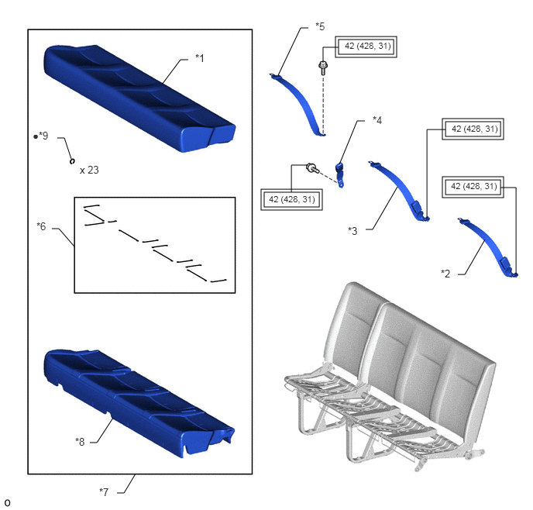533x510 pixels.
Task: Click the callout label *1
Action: [x=200, y=58]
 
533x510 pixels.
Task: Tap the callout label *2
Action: [x=445, y=274]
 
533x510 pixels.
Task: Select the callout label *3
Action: [x=352, y=231]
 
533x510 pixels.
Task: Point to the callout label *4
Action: [x=377, y=120]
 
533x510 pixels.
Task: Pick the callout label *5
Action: [x=320, y=26]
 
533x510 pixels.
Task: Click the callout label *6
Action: [x=41, y=226]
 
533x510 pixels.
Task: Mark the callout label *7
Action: [x=104, y=491]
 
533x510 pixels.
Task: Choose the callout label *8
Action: [x=80, y=442]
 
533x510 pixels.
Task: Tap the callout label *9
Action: [x=43, y=136]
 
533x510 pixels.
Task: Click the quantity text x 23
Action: [x=89, y=170]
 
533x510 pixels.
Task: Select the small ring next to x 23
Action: [x=72, y=161]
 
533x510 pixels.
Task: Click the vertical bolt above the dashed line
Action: [x=323, y=68]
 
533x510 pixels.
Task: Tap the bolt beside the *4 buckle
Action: [x=312, y=168]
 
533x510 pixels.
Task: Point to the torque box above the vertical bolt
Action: [x=366, y=47]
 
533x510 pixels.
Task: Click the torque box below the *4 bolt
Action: [x=291, y=199]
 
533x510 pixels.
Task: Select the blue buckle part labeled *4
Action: [x=339, y=175]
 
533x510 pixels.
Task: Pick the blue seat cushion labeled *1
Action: [x=139, y=98]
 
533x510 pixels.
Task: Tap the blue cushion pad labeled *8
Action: [x=139, y=403]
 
